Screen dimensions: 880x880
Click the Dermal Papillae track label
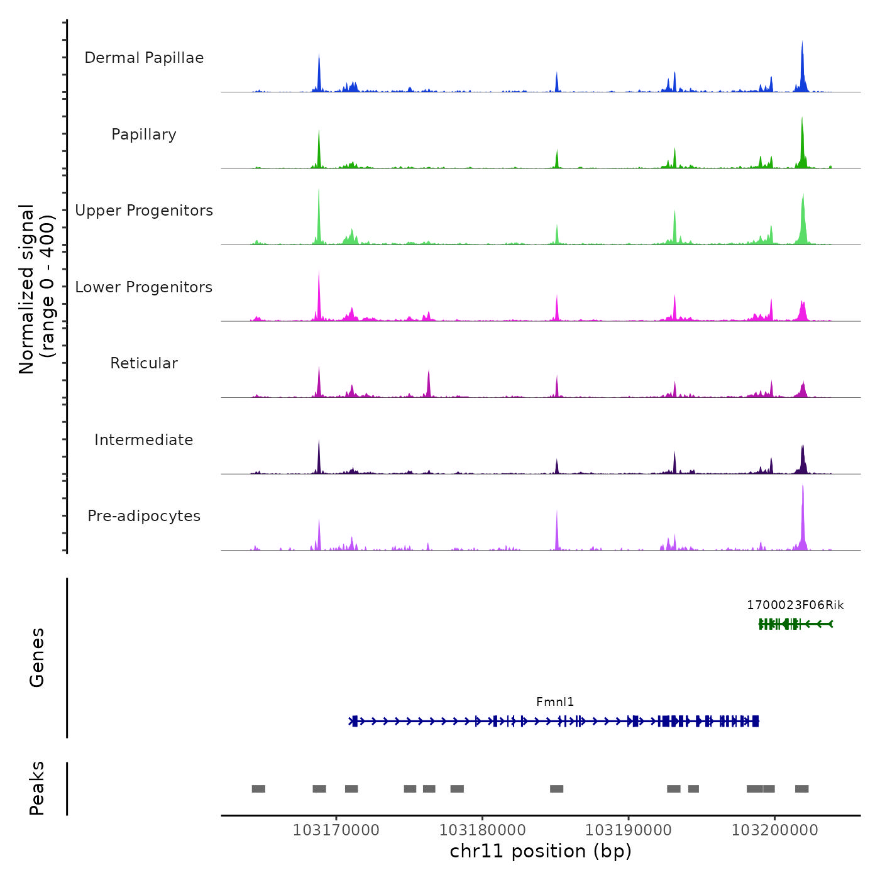pos(144,58)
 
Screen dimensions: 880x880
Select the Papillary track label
pos(144,135)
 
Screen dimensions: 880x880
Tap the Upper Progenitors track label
pos(144,211)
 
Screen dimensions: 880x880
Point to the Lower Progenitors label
pos(144,287)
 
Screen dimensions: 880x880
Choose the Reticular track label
pos(144,363)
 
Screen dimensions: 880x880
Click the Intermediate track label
pos(144,440)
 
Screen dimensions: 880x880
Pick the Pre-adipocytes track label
pos(144,516)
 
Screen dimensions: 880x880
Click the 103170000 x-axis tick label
pos(336,830)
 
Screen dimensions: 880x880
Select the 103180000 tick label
pos(482,830)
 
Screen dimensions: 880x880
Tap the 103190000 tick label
pos(629,830)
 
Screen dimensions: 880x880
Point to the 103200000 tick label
pos(774,830)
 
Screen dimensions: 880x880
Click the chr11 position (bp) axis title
pos(541,852)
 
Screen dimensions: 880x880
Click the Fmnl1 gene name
pos(555,702)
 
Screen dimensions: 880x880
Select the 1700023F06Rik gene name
pos(795,605)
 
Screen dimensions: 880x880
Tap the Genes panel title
pos(37,657)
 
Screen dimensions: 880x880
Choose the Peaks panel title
pos(37,788)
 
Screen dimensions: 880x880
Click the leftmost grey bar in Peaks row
pos(258,789)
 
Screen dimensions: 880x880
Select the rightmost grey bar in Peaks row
pos(801,789)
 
